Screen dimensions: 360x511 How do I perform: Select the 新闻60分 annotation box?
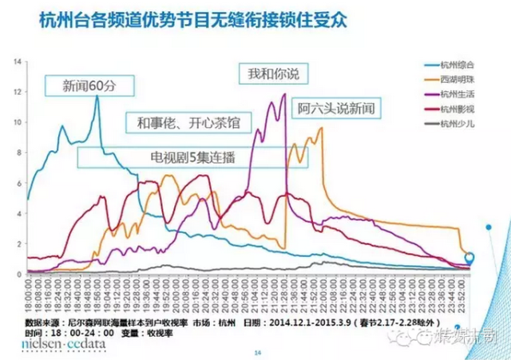pos(89,85)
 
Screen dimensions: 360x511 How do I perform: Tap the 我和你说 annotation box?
pos(272,73)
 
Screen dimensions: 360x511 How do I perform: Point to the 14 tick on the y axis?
pos(18,61)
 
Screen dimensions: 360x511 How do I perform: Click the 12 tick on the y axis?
pos(18,92)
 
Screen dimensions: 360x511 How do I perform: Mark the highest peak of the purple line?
pos(283,94)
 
